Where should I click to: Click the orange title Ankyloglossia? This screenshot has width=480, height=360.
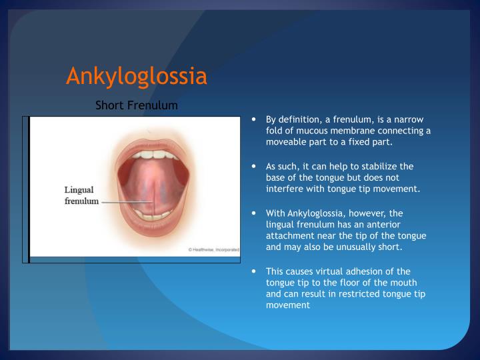136,76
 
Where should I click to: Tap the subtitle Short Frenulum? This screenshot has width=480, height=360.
136,105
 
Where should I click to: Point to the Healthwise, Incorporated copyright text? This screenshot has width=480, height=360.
213,249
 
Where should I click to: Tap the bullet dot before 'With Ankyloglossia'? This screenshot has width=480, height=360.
255,213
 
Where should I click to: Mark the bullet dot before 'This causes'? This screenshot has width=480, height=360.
255,271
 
